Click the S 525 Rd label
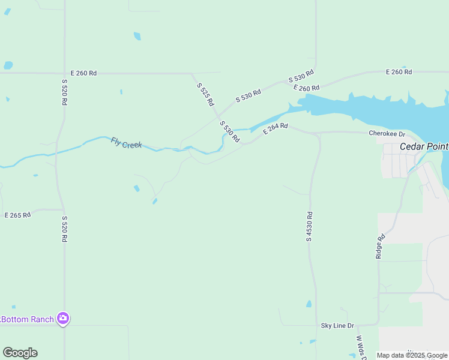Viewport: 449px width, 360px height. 205,94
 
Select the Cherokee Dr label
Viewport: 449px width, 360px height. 387,134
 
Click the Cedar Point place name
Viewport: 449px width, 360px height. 424,146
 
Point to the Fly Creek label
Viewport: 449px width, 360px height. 126,143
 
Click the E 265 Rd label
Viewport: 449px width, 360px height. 17,215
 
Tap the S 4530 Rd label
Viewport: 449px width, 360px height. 309,226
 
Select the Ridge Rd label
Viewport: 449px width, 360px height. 379,246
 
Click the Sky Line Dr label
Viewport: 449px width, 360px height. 337,325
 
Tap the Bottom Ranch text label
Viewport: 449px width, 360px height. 28,319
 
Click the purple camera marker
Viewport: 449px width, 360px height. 63,319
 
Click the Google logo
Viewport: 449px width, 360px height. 20,353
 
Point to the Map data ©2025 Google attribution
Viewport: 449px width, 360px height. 412,355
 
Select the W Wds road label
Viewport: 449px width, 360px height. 360,347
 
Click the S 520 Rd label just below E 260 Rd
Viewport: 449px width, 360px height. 64,91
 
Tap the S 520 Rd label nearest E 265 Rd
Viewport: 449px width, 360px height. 64,229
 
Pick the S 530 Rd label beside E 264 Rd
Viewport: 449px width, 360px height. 230,131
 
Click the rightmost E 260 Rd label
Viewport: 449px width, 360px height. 399,72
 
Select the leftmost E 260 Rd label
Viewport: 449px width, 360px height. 83,73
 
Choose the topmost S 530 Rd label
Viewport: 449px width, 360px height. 301,77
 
